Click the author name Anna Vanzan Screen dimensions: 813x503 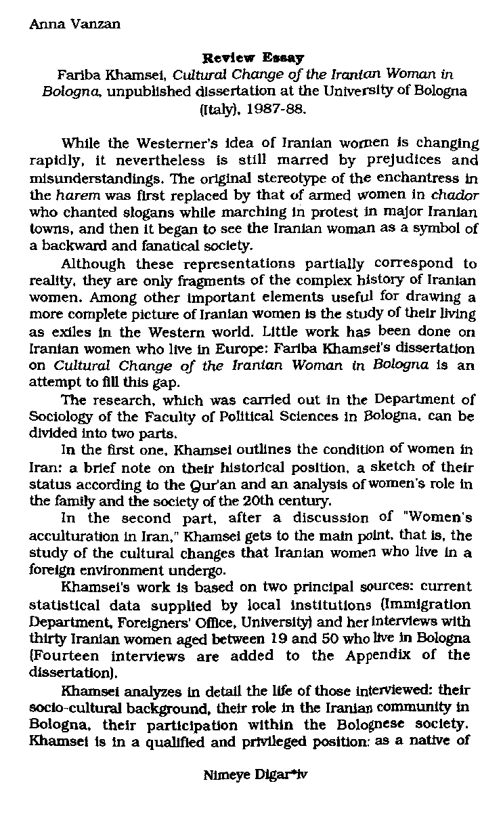75,25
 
